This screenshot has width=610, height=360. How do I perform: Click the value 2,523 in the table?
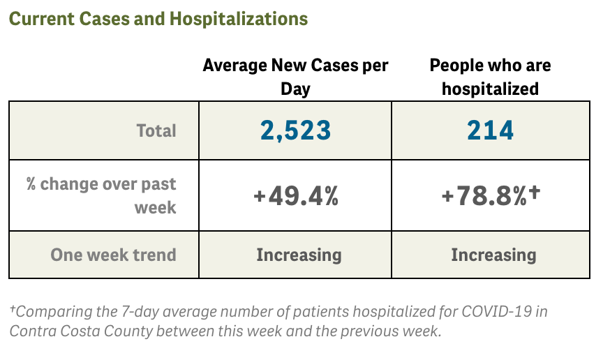[295, 130]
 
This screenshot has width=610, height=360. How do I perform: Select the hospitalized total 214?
[491, 130]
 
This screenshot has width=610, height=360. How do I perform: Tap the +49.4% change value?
[295, 197]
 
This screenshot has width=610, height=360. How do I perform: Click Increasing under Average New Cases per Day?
[299, 255]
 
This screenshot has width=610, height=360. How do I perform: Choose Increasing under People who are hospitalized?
[493, 255]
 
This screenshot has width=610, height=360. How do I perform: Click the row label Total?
[156, 130]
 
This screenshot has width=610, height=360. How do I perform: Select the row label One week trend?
[113, 255]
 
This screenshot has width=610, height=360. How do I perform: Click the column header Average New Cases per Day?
[295, 77]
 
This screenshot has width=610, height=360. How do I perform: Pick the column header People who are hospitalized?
[490, 77]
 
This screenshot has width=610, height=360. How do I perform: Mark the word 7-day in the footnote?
[126, 311]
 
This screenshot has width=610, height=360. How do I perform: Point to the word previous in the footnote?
[366, 331]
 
